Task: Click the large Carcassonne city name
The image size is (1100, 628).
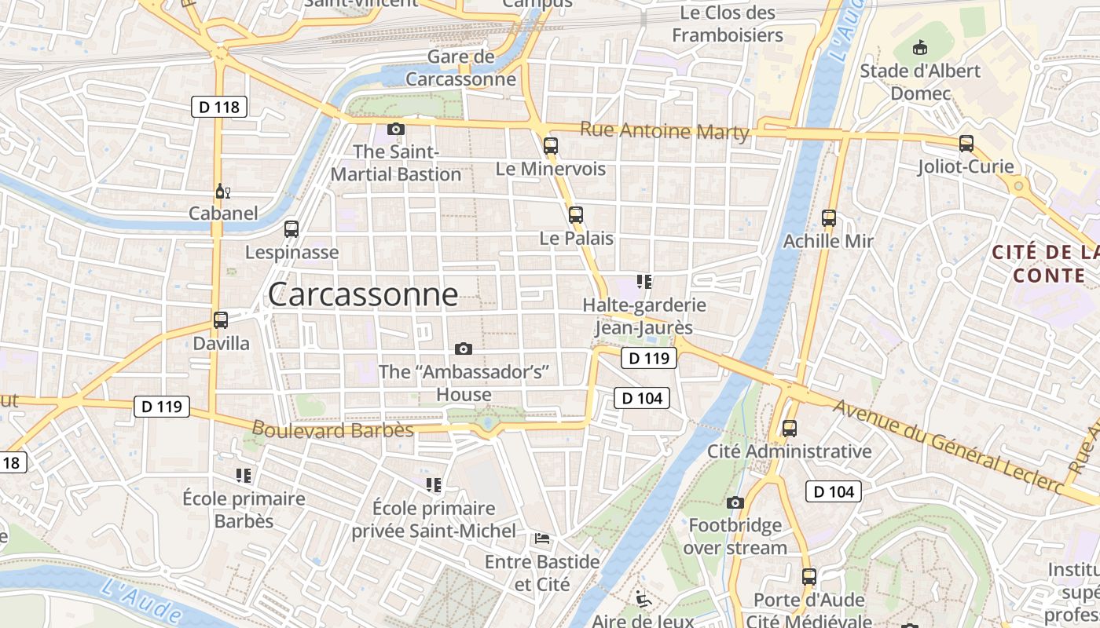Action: pos(362,294)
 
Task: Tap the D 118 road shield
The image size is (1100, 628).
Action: pos(219,107)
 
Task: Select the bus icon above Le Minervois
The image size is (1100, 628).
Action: pos(551,145)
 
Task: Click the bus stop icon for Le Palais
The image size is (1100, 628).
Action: pos(576,214)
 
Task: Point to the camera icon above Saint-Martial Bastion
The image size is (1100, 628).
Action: pos(396,129)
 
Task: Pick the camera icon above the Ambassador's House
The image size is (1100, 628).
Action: pos(464,349)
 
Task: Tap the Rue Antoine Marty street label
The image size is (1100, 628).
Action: pos(664,131)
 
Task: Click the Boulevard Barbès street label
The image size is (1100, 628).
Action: pos(332,429)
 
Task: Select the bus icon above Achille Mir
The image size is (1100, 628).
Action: pos(828,218)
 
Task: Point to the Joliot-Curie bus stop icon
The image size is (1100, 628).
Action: pos(966,144)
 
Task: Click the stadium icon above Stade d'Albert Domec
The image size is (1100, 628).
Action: pos(918,49)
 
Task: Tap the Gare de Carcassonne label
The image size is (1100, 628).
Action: pos(461,68)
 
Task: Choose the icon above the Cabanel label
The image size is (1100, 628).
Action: pos(222,192)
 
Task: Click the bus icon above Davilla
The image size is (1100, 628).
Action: pos(221,320)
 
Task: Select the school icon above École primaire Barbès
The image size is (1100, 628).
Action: pos(244,475)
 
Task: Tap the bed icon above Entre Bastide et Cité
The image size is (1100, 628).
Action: pos(542,539)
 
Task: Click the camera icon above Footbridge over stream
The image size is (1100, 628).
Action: pos(735,502)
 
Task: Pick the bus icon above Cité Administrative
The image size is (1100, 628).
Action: pos(790,429)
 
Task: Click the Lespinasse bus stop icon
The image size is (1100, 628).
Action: pos(291,229)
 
